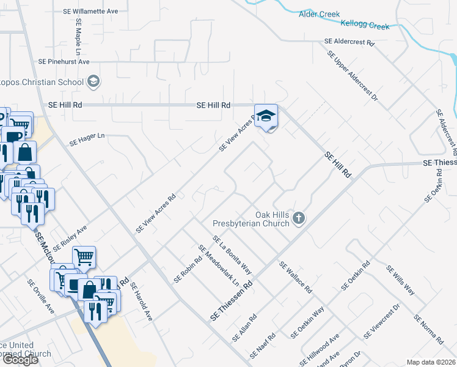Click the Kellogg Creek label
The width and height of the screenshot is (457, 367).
(365, 26)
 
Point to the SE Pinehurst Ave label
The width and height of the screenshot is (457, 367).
(64, 62)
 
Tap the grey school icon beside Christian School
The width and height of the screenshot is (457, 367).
(93, 81)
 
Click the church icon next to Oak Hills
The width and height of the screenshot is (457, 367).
(299, 218)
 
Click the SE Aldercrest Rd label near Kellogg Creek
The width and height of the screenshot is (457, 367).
(349, 42)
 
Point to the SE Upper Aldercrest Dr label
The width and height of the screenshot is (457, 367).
(353, 76)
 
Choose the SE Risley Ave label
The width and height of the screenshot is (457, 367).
(70, 238)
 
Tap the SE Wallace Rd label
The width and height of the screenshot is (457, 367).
(296, 277)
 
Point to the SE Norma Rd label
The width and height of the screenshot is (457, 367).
(428, 329)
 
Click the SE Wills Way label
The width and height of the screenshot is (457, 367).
(400, 280)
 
